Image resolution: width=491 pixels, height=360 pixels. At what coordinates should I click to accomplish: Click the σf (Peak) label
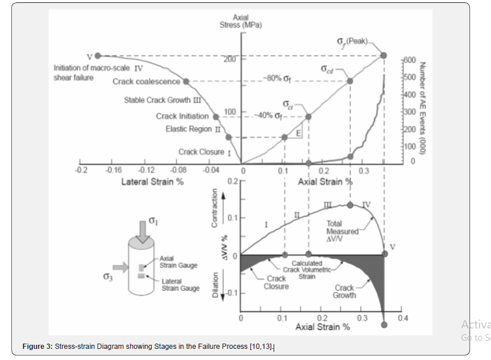351,42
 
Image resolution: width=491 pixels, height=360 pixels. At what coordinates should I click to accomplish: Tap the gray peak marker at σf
384,56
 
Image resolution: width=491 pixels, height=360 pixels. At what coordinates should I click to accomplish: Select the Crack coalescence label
146,81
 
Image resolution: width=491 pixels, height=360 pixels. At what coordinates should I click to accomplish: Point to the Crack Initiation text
182,116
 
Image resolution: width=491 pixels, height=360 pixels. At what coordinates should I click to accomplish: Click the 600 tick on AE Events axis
410,60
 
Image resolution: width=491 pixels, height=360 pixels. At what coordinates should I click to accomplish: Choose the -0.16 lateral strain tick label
113,170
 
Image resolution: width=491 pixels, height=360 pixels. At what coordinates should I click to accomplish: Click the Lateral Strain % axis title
152,181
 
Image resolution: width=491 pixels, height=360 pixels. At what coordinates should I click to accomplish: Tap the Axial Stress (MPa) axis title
241,21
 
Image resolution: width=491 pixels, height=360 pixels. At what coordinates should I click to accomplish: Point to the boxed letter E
298,133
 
